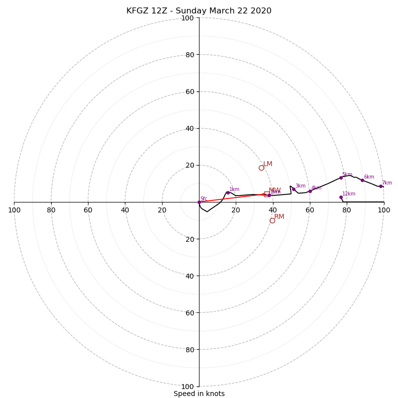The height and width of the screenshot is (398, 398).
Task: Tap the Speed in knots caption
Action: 199,394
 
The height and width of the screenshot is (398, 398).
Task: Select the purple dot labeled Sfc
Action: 199,202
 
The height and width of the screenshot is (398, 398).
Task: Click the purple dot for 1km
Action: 228,193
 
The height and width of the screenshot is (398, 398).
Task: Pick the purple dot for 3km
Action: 294,189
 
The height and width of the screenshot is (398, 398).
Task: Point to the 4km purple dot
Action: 310,191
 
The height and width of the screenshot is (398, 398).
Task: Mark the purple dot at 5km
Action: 341,178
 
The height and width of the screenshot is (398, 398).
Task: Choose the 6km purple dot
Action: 362,180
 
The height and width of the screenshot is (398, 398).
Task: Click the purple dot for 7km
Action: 381,186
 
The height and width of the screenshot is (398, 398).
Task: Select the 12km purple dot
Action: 341,197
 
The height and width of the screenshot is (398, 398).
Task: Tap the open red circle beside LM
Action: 261,168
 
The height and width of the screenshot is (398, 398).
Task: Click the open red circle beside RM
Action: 272,220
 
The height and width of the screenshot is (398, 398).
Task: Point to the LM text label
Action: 268,164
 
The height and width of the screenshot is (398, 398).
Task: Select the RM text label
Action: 279,216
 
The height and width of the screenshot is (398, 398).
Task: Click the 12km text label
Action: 349,194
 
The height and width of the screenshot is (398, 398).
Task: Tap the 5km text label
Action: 347,175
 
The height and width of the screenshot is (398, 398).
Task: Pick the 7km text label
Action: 387,183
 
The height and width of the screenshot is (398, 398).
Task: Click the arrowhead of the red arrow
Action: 264,194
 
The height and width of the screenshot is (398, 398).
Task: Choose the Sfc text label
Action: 203,199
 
